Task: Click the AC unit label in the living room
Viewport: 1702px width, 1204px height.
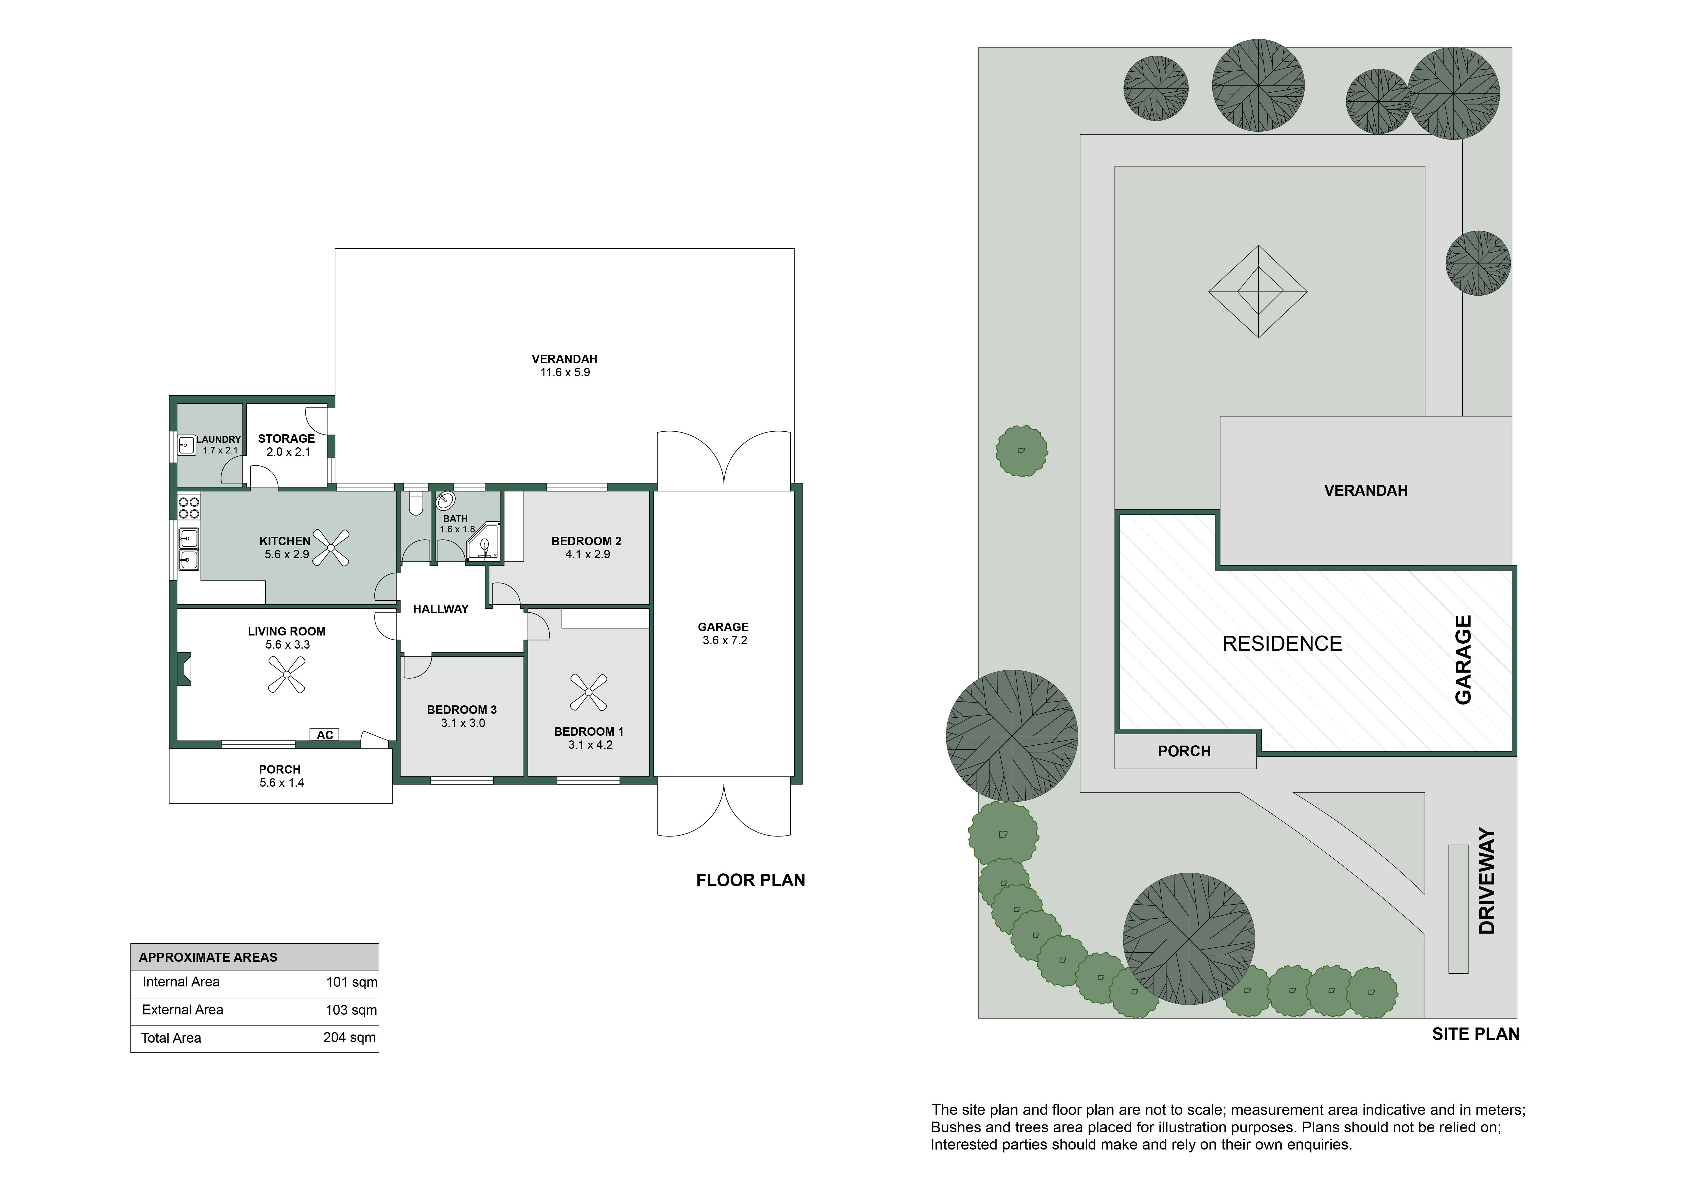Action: point(325,735)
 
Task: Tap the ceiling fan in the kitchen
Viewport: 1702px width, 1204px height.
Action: point(331,547)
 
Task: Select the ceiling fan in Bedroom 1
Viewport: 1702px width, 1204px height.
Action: point(589,693)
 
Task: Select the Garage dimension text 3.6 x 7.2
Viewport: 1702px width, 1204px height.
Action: point(725,640)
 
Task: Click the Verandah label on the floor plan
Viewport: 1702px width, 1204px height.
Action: point(564,359)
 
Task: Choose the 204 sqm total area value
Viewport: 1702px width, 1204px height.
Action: point(349,1037)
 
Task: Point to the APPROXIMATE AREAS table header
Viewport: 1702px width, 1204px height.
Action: point(208,957)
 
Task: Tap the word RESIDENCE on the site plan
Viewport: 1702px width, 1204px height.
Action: point(1282,644)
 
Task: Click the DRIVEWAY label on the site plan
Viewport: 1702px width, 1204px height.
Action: point(1487,881)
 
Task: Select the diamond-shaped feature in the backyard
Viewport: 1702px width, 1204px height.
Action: point(1258,291)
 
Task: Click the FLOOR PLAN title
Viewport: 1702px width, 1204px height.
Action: point(750,880)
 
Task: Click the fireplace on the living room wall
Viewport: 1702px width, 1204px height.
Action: point(184,669)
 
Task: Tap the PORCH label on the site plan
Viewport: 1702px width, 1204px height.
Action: point(1184,751)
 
